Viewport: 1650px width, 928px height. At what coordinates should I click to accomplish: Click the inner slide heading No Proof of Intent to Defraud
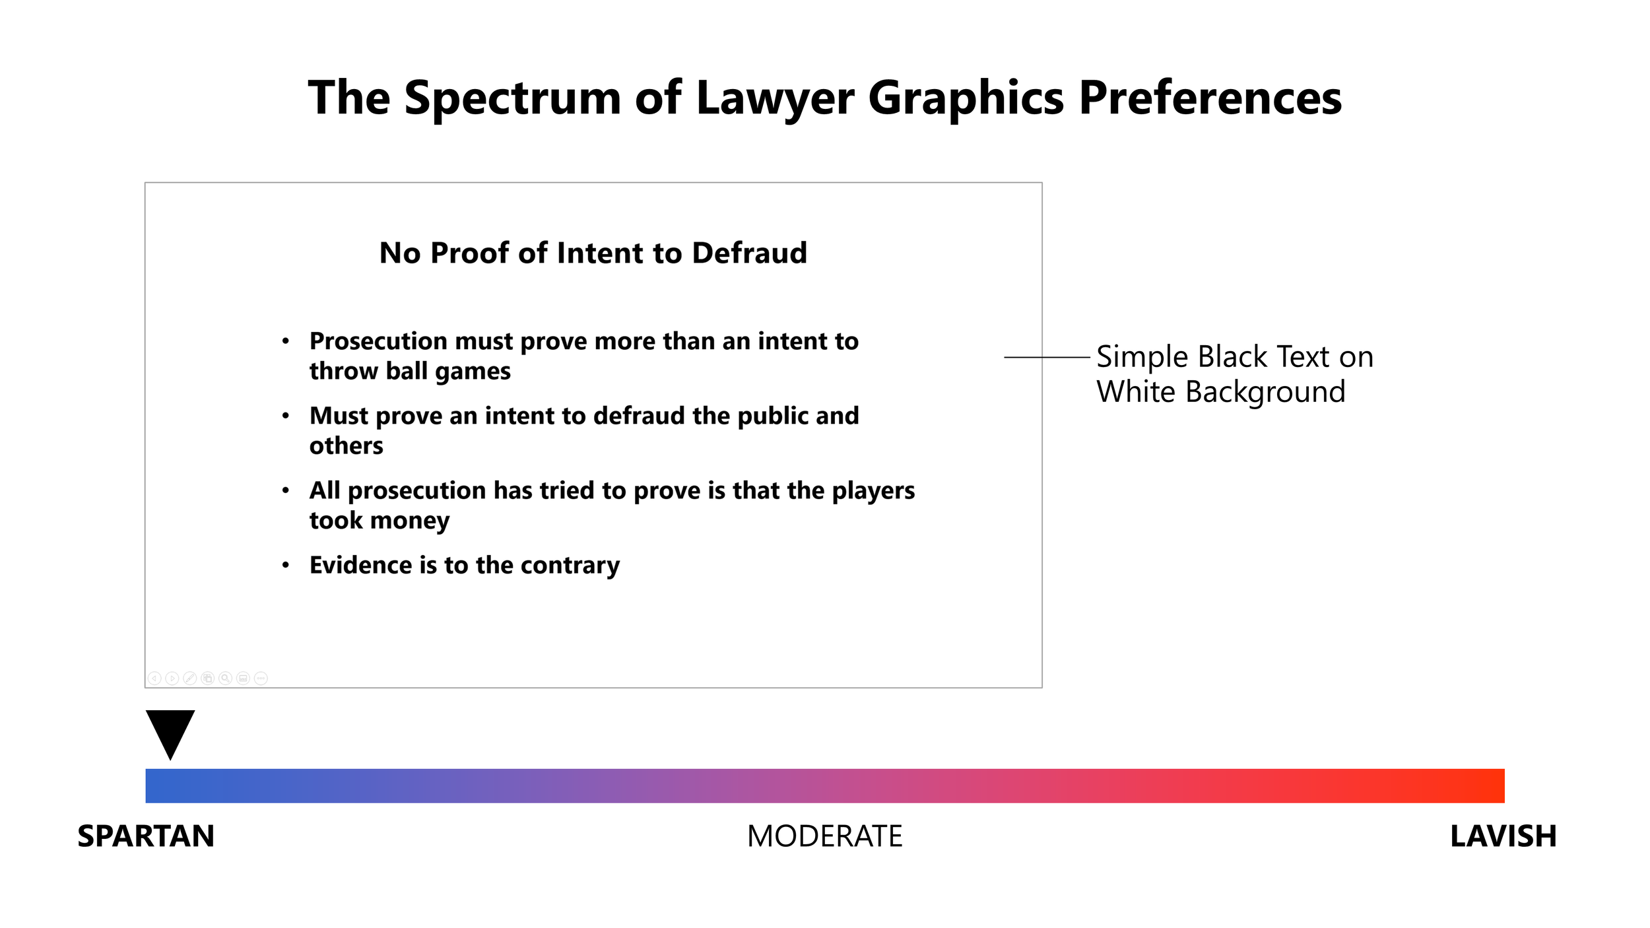593,253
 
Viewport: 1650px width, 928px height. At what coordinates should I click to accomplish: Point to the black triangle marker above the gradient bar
170,731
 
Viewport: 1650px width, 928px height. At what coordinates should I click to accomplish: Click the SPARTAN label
146,836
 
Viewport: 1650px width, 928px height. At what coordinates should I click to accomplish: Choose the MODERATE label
824,836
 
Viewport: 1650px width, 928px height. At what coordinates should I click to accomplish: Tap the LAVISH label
1503,836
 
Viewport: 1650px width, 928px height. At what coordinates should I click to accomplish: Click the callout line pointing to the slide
1046,357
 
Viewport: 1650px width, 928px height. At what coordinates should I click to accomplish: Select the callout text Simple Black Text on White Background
1234,374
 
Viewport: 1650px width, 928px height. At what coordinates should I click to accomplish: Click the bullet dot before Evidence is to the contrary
286,565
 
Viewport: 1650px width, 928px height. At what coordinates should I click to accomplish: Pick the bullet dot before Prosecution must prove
286,341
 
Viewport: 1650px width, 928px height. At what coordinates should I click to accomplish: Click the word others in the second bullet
346,446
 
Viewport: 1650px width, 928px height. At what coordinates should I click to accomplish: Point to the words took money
379,521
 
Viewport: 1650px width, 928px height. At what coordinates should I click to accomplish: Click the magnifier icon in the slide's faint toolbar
225,678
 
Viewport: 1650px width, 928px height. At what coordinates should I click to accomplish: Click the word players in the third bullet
873,491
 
